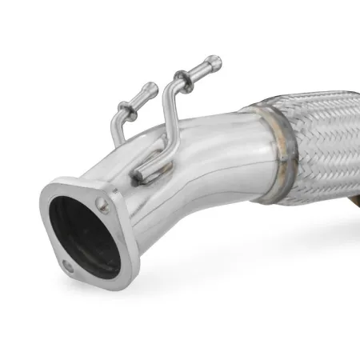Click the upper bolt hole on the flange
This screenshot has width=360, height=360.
(103, 206)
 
